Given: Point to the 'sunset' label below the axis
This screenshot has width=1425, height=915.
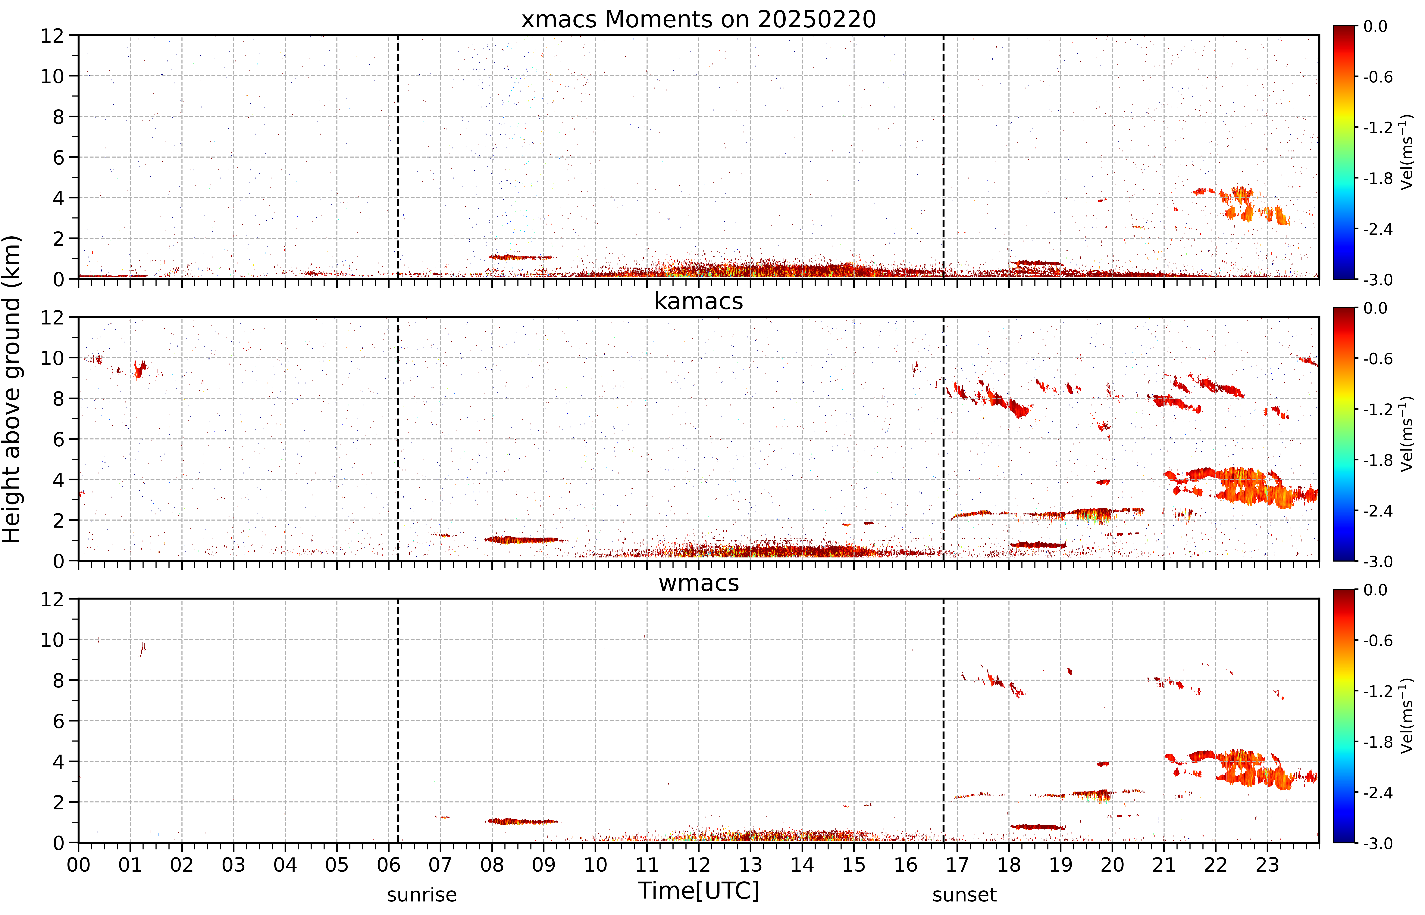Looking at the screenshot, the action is (x=964, y=895).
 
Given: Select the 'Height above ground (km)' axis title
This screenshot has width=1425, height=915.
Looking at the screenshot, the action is (x=12, y=389).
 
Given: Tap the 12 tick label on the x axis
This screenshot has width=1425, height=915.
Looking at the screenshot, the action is (x=699, y=864).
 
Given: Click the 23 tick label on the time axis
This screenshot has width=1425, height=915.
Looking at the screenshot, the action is (x=1267, y=864).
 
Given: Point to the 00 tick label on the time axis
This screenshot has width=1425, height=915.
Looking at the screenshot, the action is (x=78, y=864).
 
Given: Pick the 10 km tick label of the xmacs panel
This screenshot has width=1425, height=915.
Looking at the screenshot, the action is (x=52, y=76).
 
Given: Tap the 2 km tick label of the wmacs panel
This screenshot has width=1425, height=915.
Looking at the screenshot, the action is (x=58, y=802).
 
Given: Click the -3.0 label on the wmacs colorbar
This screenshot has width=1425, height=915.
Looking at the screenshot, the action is (x=1378, y=843).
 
